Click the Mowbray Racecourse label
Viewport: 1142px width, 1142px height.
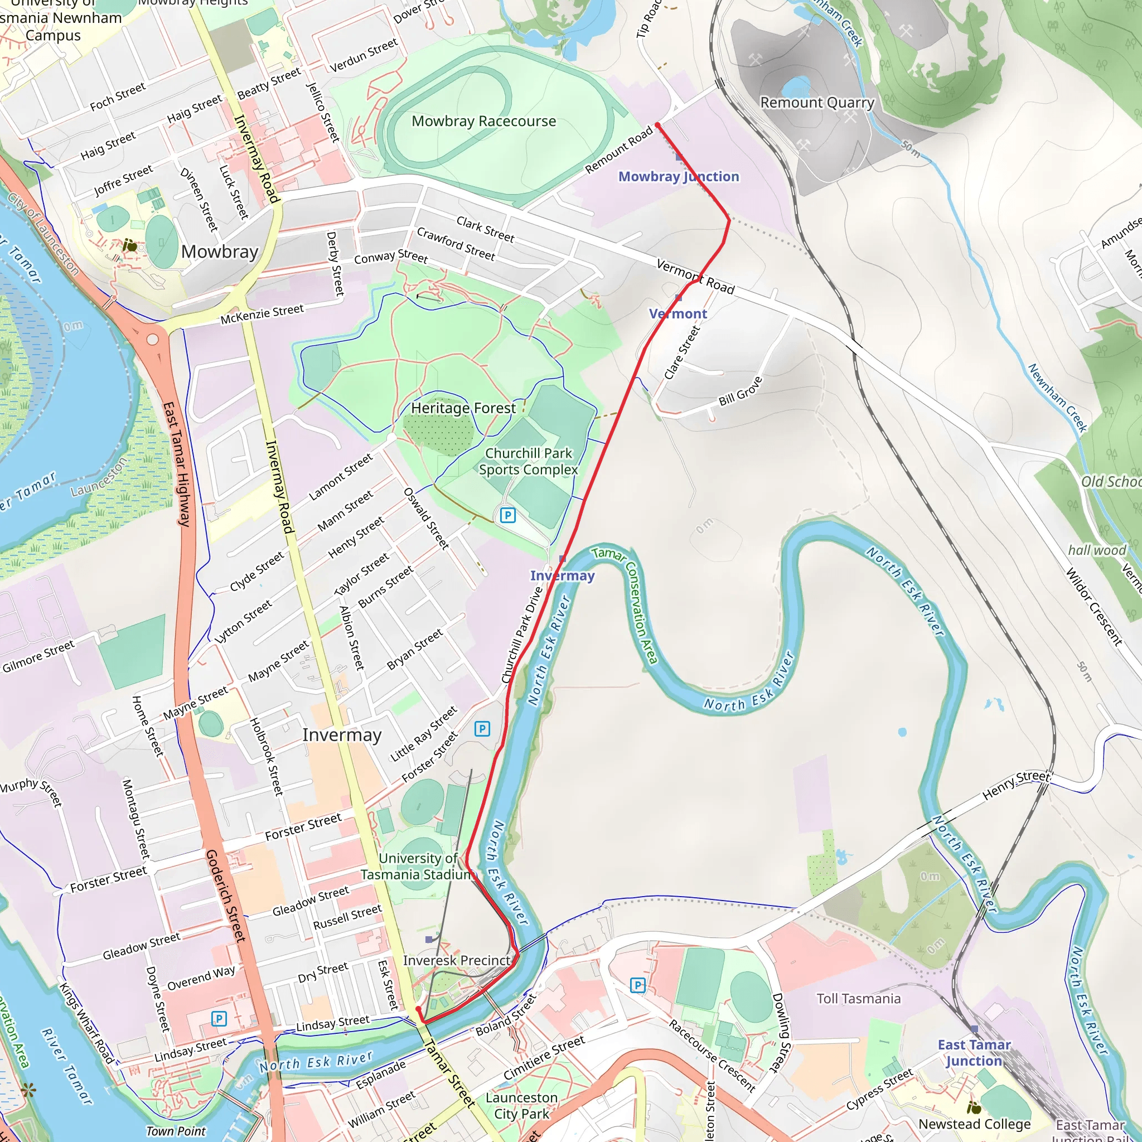(483, 121)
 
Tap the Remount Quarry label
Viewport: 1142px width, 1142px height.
(817, 103)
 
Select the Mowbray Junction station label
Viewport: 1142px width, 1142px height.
(679, 177)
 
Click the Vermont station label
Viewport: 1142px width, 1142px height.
(678, 314)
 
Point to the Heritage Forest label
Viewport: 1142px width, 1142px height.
(463, 408)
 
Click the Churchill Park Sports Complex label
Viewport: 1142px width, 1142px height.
(529, 462)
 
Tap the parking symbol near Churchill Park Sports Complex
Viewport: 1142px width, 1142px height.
(507, 515)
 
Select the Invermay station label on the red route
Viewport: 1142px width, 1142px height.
(562, 575)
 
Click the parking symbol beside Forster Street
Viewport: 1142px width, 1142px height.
(482, 729)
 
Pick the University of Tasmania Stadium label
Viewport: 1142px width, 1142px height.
(417, 867)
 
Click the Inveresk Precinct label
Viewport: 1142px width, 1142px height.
(456, 961)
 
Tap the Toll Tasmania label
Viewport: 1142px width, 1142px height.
(858, 999)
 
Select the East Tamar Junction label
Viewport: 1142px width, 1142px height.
(974, 1053)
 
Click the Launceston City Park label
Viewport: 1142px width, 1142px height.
(521, 1105)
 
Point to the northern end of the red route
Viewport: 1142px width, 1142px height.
(658, 125)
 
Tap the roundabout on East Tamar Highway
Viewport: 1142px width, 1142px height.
(152, 339)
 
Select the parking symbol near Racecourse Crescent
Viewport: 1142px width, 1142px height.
(637, 985)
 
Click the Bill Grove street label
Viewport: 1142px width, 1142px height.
(740, 391)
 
